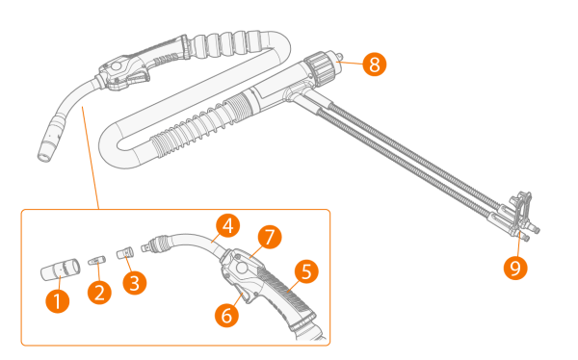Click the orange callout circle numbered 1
tap(58, 301)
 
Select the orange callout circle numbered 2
tap(99, 293)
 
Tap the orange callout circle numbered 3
tap(135, 283)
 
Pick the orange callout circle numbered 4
tap(227, 225)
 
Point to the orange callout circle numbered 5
tap(306, 271)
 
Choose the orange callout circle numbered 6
tap(226, 315)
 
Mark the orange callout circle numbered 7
tap(270, 237)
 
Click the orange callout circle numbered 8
tap(374, 64)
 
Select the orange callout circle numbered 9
tap(515, 268)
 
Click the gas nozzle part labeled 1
tap(60, 270)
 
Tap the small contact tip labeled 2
tap(97, 261)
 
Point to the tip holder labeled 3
tap(125, 253)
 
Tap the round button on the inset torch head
tap(242, 268)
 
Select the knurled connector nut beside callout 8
tap(319, 70)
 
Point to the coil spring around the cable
tap(192, 130)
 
